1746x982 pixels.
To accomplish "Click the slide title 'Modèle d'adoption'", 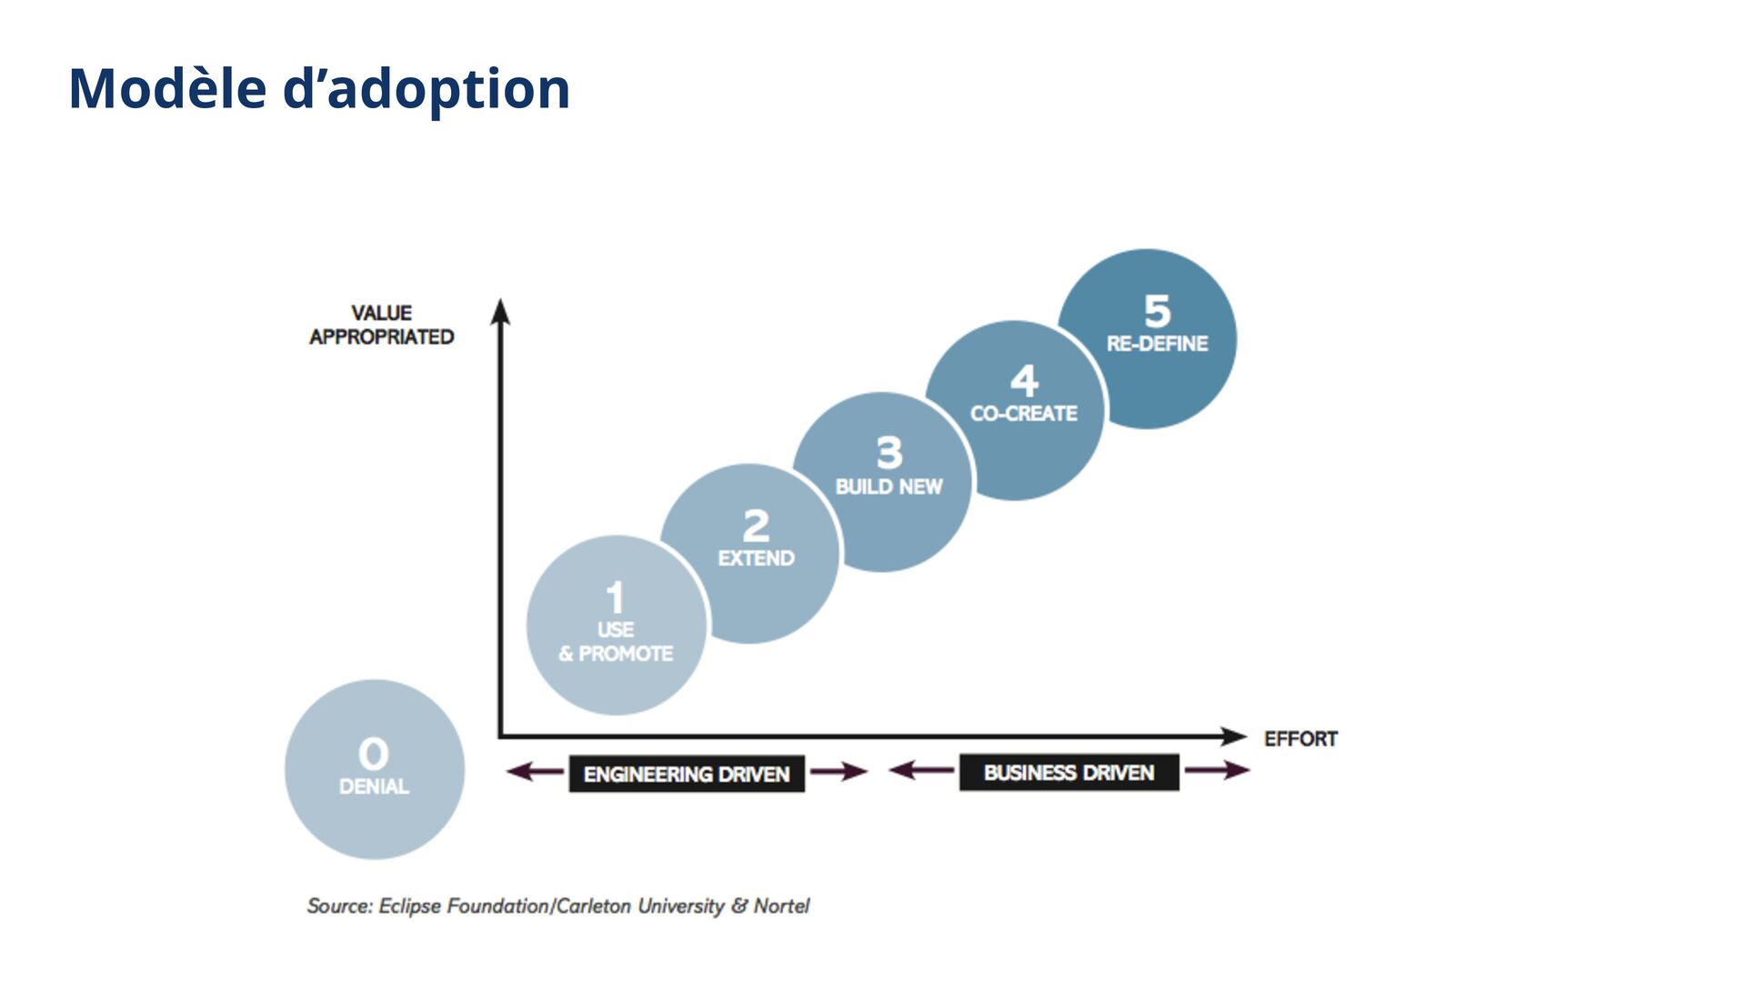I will (x=319, y=89).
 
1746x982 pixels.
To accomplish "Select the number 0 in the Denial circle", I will (x=374, y=754).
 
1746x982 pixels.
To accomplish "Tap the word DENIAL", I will (x=374, y=787).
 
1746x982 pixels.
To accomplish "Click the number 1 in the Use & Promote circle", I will (x=616, y=598).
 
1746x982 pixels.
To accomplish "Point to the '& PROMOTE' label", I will (x=616, y=654).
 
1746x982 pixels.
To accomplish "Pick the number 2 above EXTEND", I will (x=756, y=526).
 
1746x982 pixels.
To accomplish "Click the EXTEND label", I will (x=756, y=558).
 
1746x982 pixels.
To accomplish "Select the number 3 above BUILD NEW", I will (x=889, y=453).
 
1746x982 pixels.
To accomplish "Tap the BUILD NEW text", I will (x=888, y=486).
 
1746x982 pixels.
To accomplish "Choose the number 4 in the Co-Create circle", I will (x=1024, y=380).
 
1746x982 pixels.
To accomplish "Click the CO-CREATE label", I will (x=1024, y=414).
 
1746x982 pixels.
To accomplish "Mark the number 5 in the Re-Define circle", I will (x=1157, y=311).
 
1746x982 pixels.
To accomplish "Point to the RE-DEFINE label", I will (x=1157, y=344).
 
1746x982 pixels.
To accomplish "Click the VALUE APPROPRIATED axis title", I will (x=382, y=325).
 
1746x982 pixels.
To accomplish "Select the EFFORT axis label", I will (x=1300, y=738).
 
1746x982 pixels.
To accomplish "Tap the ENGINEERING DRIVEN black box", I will (x=687, y=774).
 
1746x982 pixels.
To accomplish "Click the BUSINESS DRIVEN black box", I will (x=1069, y=772).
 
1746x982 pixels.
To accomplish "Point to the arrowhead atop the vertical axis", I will (x=500, y=311).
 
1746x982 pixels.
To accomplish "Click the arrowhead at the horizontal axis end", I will (x=1234, y=736).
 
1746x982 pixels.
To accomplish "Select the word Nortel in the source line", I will (x=781, y=906).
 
